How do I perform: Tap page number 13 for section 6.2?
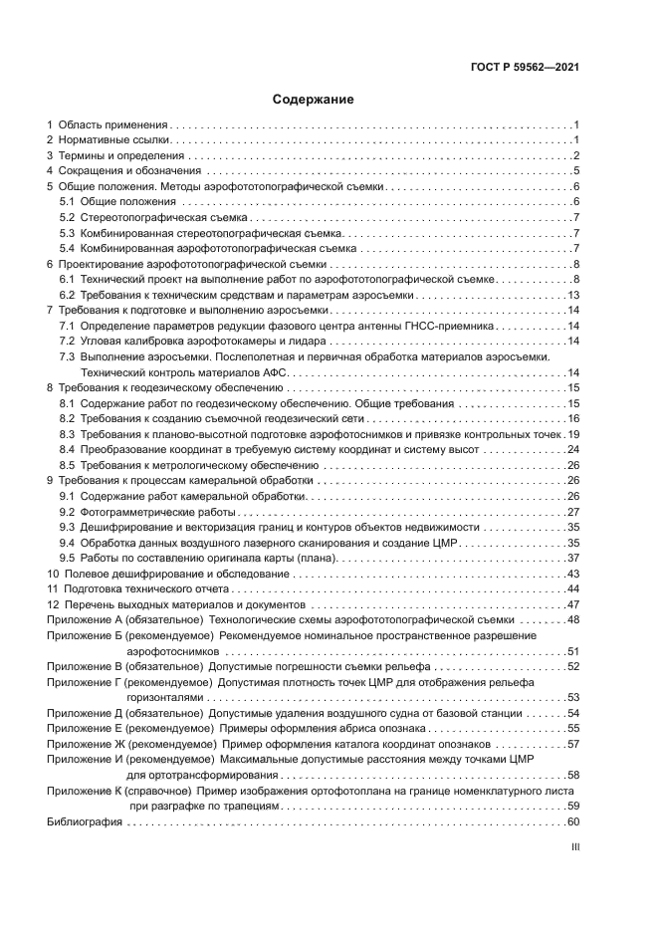[x=573, y=295]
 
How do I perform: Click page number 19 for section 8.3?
[x=573, y=434]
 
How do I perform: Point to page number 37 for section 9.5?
[x=573, y=558]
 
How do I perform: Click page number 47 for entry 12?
[x=573, y=604]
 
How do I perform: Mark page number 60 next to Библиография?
[x=573, y=821]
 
